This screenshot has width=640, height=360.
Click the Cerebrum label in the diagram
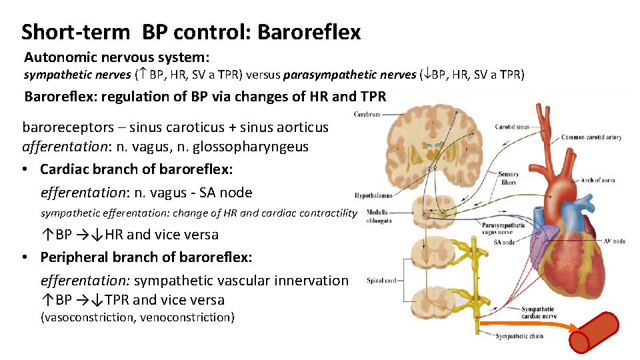pyautogui.click(x=367, y=115)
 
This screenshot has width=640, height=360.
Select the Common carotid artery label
pyautogui.click(x=591, y=138)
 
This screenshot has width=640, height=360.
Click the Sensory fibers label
pyautogui.click(x=508, y=178)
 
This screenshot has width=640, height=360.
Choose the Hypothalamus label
pyautogui.click(x=373, y=195)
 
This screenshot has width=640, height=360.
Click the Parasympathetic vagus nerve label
pyautogui.click(x=500, y=229)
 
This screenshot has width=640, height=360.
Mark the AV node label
pyautogui.click(x=614, y=241)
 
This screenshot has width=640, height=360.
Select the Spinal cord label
pyautogui.click(x=381, y=281)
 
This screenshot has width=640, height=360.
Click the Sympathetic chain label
pyautogui.click(x=519, y=336)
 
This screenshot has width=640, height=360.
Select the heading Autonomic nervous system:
pyautogui.click(x=117, y=58)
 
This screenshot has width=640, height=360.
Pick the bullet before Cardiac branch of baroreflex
pyautogui.click(x=25, y=169)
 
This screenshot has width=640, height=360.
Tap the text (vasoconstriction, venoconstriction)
pyautogui.click(x=137, y=317)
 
